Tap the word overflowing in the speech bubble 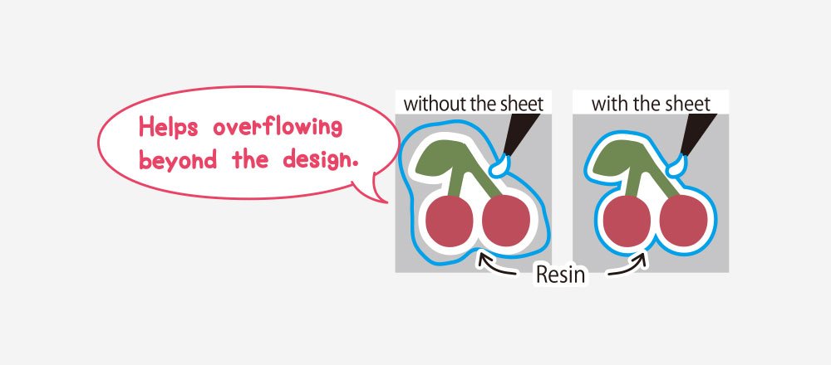[x=278, y=128]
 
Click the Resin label [x=562, y=275]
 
